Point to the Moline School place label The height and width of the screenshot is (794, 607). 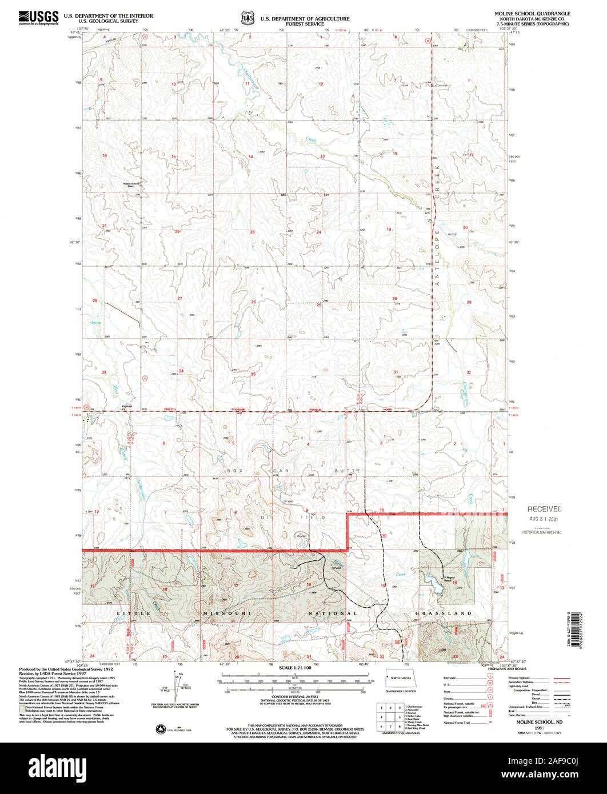(131, 184)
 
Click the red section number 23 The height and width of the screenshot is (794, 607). (252, 232)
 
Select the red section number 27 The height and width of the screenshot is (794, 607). (179, 299)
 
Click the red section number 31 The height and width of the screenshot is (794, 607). (395, 372)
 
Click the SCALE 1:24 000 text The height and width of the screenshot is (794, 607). (295, 667)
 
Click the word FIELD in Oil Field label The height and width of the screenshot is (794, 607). (316, 518)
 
